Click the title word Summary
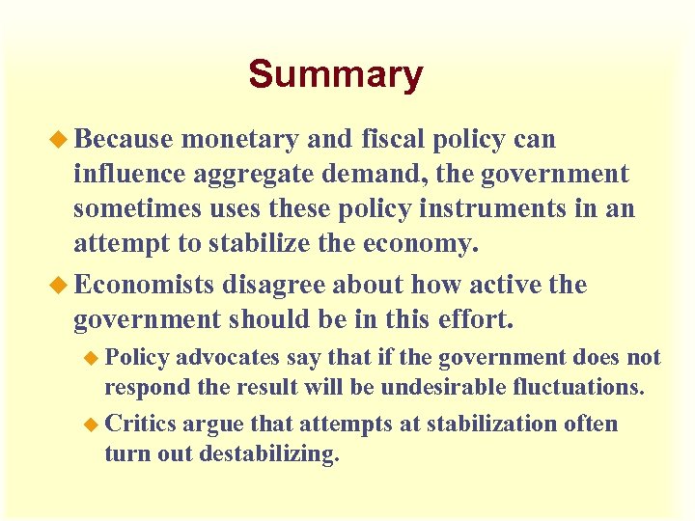(335, 74)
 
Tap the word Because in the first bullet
(123, 140)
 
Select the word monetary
(239, 140)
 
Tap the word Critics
(140, 425)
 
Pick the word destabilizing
(269, 454)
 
